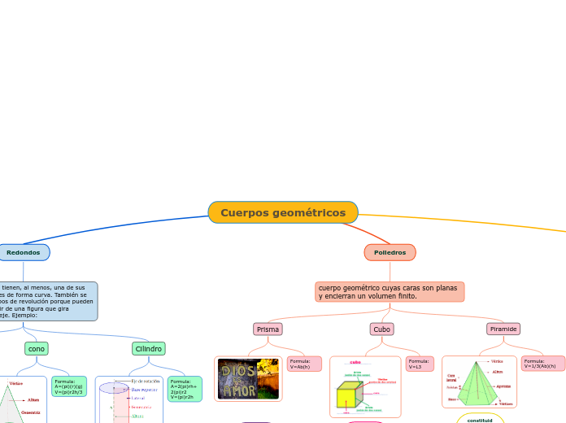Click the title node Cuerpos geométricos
283,212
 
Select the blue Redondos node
24,252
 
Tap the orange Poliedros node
390,252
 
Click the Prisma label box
268,329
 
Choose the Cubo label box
382,329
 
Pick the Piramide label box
503,329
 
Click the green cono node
36,348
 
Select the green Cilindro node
148,348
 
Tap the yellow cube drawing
347,397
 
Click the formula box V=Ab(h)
303,364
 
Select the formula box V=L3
420,364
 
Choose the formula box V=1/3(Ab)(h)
542,364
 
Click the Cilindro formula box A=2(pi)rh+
184,388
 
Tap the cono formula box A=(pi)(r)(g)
68,386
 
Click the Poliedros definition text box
390,291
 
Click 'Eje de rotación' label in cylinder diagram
146,381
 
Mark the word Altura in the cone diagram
33,399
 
